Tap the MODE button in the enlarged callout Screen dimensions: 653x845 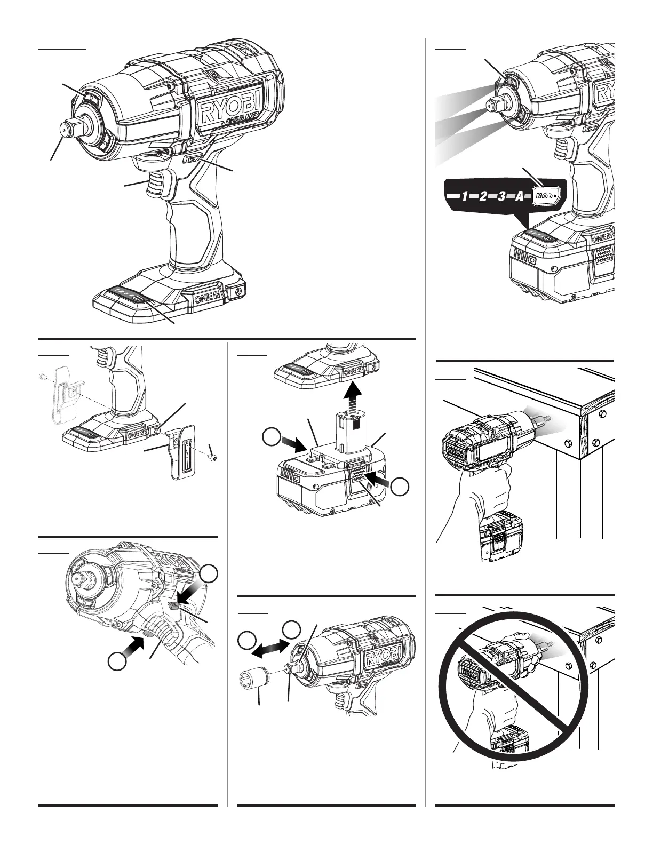(546, 196)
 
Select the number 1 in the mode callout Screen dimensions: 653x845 (465, 196)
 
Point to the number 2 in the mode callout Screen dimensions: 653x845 (483, 196)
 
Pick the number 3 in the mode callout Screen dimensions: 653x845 (500, 196)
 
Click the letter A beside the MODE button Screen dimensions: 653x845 (518, 196)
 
